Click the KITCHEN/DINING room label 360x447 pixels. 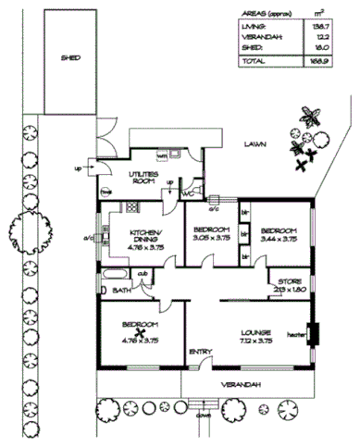point(146,235)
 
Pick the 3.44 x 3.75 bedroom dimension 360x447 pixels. point(278,239)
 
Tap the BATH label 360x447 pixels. point(121,291)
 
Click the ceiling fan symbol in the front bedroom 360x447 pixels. point(141,334)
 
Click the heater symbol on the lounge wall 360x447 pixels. point(312,333)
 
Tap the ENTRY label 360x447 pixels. point(201,352)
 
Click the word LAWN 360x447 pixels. point(255,145)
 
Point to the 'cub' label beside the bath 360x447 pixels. point(143,274)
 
